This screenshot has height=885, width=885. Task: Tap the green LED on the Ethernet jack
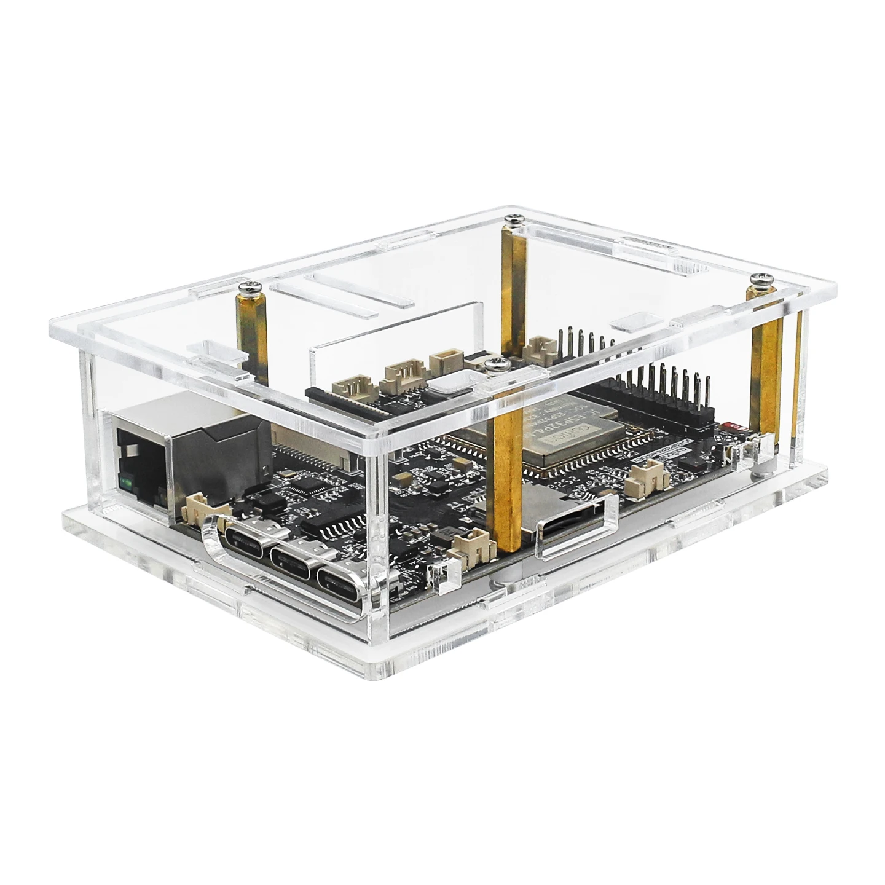[x=128, y=482]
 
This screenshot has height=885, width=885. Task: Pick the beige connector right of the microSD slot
[x=646, y=476]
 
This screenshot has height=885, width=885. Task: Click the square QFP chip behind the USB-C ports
[x=304, y=486]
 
